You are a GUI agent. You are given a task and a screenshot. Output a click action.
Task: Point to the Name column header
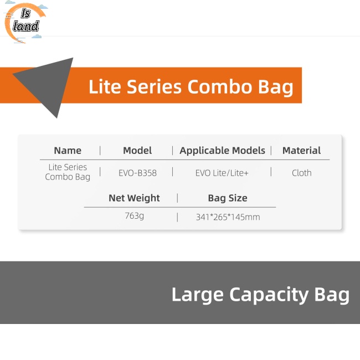tap(68, 151)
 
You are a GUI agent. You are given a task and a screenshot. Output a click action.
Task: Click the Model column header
tap(137, 151)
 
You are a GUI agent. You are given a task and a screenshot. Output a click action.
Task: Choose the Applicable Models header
tap(222, 151)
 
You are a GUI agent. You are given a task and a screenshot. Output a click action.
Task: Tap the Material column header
tap(301, 151)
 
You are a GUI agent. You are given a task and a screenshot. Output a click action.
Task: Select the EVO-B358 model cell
tap(137, 173)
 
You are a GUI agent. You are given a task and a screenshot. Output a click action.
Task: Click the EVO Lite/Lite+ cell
tap(222, 173)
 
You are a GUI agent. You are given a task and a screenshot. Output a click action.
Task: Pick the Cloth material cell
tap(302, 173)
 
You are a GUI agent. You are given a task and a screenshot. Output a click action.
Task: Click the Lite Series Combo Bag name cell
tap(68, 172)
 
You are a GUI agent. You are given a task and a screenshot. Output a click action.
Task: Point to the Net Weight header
tap(134, 198)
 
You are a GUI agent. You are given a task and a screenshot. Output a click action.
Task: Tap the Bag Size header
tap(228, 198)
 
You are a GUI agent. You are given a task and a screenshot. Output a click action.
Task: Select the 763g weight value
tap(134, 216)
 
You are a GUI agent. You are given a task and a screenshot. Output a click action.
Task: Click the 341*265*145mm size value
tap(228, 217)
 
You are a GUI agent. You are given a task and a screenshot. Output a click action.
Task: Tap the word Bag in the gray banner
tap(332, 295)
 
